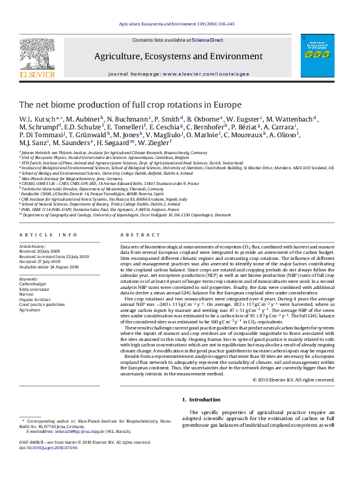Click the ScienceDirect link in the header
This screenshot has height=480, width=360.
[208, 40]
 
